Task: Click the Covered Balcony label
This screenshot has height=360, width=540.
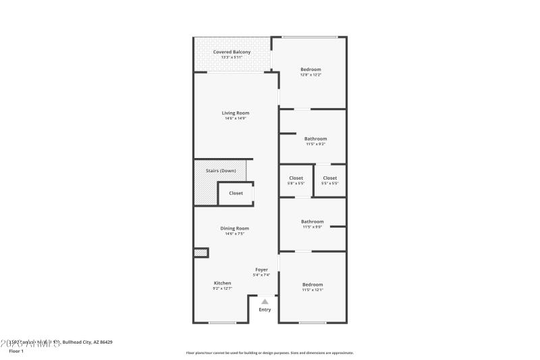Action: [232, 52]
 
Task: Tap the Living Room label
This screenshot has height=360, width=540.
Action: [236, 113]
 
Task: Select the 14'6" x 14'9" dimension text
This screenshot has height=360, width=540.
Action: [236, 119]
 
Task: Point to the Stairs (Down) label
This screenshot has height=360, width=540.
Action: [221, 171]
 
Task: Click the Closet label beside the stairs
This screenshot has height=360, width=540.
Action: [236, 193]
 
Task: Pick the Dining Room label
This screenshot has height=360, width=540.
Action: [235, 228]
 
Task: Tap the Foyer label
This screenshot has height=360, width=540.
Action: [261, 269]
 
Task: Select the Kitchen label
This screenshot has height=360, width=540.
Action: [223, 283]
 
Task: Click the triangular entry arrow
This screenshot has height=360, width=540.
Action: [265, 302]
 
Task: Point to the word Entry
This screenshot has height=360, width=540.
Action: [265, 310]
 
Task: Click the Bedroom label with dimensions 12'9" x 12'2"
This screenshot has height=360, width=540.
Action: [310, 70]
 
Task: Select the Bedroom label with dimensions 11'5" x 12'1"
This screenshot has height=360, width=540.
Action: [313, 284]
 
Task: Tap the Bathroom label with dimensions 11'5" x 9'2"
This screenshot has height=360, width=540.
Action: [315, 138]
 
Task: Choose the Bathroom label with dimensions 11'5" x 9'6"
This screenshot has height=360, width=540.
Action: [313, 222]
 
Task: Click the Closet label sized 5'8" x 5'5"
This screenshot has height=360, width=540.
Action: [296, 178]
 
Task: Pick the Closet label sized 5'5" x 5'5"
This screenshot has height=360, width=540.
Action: [329, 178]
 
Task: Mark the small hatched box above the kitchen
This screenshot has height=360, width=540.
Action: [201, 253]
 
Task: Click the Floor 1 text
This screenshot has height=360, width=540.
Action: [16, 351]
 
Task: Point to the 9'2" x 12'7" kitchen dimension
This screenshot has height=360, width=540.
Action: [223, 289]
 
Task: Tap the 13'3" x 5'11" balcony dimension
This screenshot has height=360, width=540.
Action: [232, 57]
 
